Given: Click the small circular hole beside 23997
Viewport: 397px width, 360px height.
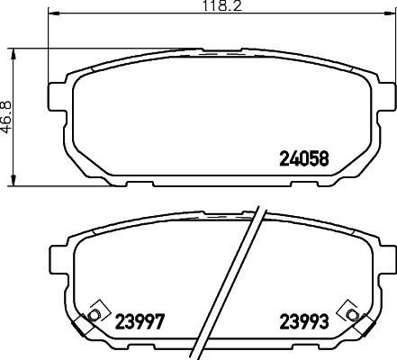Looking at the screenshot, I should click(93, 315).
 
